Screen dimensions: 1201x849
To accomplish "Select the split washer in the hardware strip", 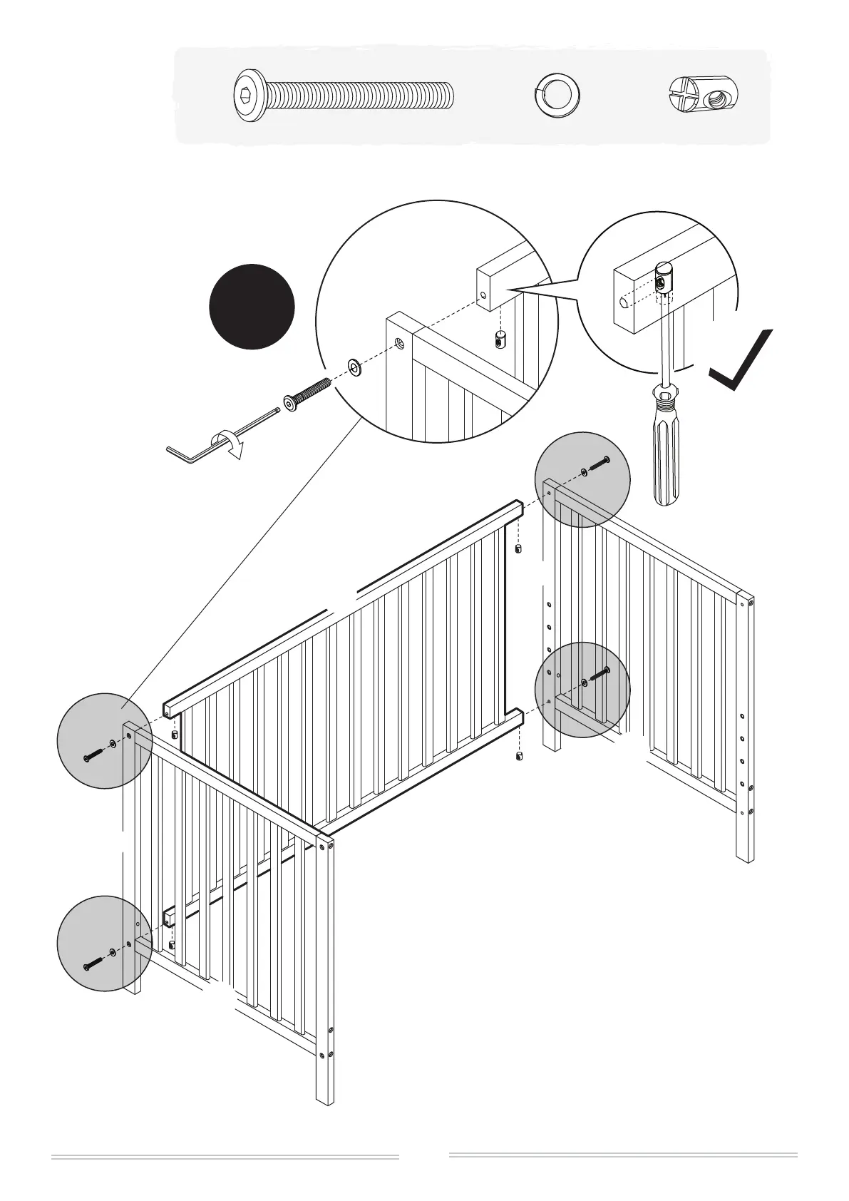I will tap(557, 96).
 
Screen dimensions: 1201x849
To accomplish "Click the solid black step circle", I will tap(252, 307).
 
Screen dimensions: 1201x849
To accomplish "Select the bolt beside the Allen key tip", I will tap(307, 394).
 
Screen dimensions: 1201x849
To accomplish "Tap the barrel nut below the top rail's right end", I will tap(518, 548).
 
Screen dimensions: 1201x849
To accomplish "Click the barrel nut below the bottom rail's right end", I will tap(518, 756).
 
